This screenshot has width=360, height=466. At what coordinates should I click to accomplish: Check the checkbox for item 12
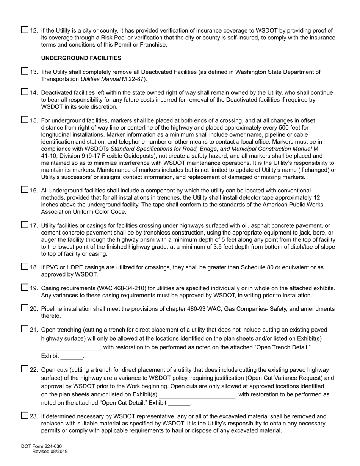25,30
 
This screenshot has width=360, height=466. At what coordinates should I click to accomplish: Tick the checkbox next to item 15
25,120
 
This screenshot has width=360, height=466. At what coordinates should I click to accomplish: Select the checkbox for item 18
25,266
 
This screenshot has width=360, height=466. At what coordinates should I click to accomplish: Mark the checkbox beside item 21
25,329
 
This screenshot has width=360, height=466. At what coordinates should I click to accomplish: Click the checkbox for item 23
25,416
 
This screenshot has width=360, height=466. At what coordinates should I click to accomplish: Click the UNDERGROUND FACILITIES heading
81,58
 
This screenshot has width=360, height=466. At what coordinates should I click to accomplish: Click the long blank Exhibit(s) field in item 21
70,348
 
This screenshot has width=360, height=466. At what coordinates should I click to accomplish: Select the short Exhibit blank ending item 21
72,357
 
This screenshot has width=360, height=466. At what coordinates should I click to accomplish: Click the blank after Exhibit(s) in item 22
197,395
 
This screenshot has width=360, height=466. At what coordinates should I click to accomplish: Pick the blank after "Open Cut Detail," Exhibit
179,403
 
